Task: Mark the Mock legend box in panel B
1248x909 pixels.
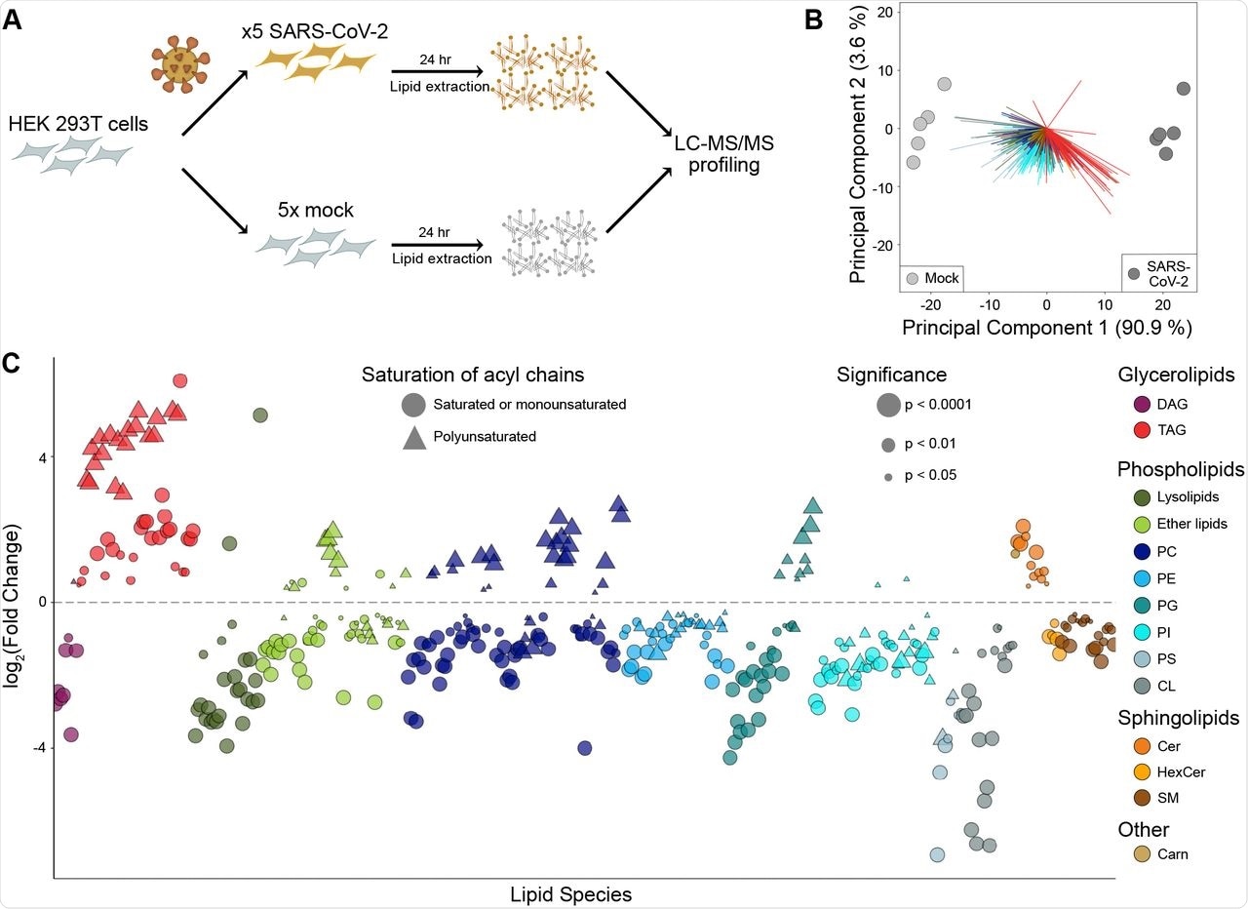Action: coord(931,279)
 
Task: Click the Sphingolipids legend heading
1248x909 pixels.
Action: coord(1178,718)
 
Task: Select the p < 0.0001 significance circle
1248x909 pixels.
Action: coord(888,404)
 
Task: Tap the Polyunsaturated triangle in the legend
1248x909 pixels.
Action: coord(413,438)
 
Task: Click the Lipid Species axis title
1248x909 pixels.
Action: coord(570,893)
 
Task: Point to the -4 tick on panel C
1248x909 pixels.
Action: coord(40,748)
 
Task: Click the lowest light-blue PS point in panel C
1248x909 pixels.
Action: coord(937,855)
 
